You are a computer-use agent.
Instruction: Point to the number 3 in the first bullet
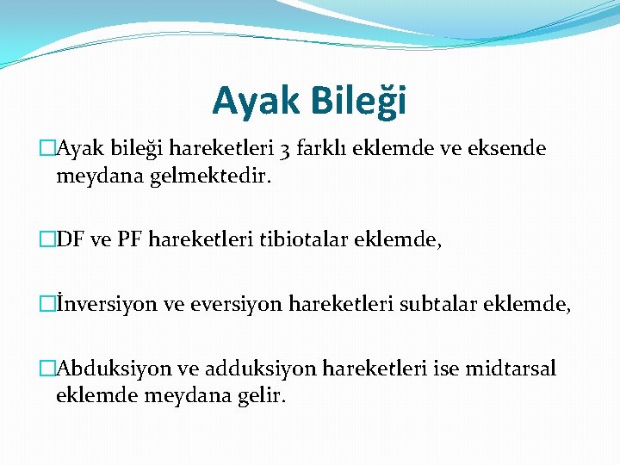click(x=285, y=150)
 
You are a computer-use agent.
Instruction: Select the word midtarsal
click(x=511, y=369)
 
